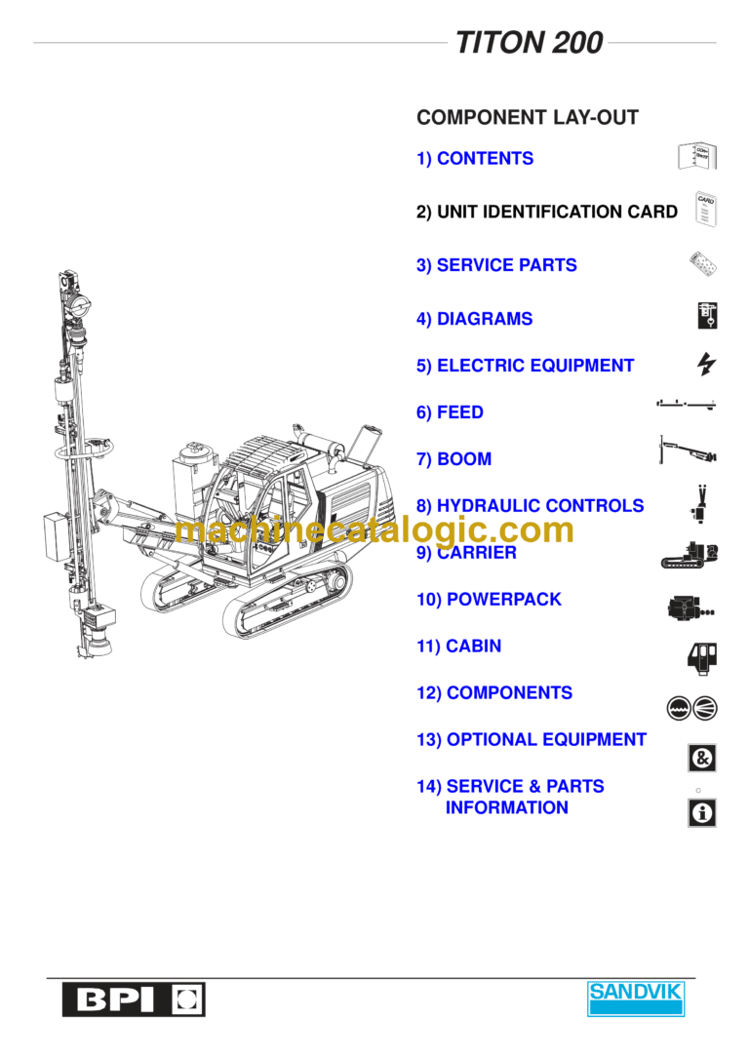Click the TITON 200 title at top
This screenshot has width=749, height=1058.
(x=529, y=43)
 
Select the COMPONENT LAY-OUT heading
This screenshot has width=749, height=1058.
(x=527, y=118)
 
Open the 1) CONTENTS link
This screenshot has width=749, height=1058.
(x=475, y=159)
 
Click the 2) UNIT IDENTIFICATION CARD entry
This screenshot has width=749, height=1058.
(x=546, y=212)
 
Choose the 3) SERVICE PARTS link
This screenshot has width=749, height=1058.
(x=496, y=265)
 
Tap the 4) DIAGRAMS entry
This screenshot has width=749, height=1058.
(x=474, y=319)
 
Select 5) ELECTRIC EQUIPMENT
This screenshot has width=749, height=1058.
(x=525, y=366)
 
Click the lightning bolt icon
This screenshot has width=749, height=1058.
(x=706, y=365)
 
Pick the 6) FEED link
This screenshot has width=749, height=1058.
(x=450, y=412)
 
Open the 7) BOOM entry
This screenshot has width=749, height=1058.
(x=453, y=459)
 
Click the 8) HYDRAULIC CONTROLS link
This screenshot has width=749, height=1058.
(x=530, y=506)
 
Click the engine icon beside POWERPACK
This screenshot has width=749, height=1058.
(x=690, y=607)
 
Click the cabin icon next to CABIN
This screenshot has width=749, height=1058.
(x=702, y=656)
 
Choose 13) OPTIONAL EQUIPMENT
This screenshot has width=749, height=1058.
(x=531, y=740)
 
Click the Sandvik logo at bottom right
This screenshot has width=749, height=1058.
(x=636, y=999)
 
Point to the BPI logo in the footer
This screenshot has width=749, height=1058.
(x=134, y=999)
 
